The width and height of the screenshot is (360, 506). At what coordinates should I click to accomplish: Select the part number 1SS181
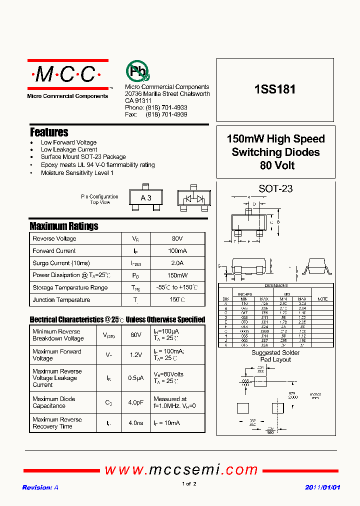[x=275, y=90]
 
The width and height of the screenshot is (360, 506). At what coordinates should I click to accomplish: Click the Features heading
[x=49, y=132]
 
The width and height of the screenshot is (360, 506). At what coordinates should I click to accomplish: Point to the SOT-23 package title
[x=275, y=189]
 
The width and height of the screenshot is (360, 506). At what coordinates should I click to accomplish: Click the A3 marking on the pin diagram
[x=146, y=198]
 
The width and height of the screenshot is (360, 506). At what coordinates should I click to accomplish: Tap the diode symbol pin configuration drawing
[x=193, y=198]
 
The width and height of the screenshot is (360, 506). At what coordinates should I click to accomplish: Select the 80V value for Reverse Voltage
[x=177, y=239]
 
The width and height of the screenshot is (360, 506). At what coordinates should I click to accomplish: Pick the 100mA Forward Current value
[x=177, y=251]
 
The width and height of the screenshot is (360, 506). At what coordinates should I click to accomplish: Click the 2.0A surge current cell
[x=177, y=263]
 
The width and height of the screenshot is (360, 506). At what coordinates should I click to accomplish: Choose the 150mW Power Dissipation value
[x=177, y=275]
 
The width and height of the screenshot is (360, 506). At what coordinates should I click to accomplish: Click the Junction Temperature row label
[x=61, y=300]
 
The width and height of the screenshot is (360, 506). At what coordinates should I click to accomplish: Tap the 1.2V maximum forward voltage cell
[x=135, y=355]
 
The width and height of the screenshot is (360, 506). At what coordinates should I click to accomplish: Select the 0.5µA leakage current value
[x=135, y=378]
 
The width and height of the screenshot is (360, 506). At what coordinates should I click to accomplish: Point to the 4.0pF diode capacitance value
[x=135, y=402]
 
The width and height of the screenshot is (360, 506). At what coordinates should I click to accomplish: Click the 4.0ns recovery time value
[x=135, y=423]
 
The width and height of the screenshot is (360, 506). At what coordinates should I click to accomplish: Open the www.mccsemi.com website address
[x=181, y=470]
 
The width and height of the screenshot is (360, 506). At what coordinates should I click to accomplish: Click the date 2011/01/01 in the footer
[x=322, y=487]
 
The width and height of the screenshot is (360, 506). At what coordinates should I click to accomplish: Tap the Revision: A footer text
[x=40, y=487]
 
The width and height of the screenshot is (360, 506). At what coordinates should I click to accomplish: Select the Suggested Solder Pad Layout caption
[x=275, y=356]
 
